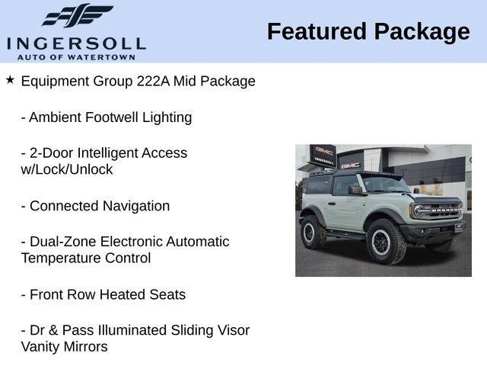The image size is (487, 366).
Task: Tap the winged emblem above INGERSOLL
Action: [x=77, y=15]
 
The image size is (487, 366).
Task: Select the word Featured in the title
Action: [x=313, y=31]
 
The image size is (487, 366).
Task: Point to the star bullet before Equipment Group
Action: [x=10, y=79]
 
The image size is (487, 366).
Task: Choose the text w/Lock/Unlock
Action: [x=67, y=169]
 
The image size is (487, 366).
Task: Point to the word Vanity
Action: [x=43, y=347]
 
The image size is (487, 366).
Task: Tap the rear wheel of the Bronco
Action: [x=312, y=232]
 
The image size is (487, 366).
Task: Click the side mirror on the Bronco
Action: [x=355, y=190]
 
